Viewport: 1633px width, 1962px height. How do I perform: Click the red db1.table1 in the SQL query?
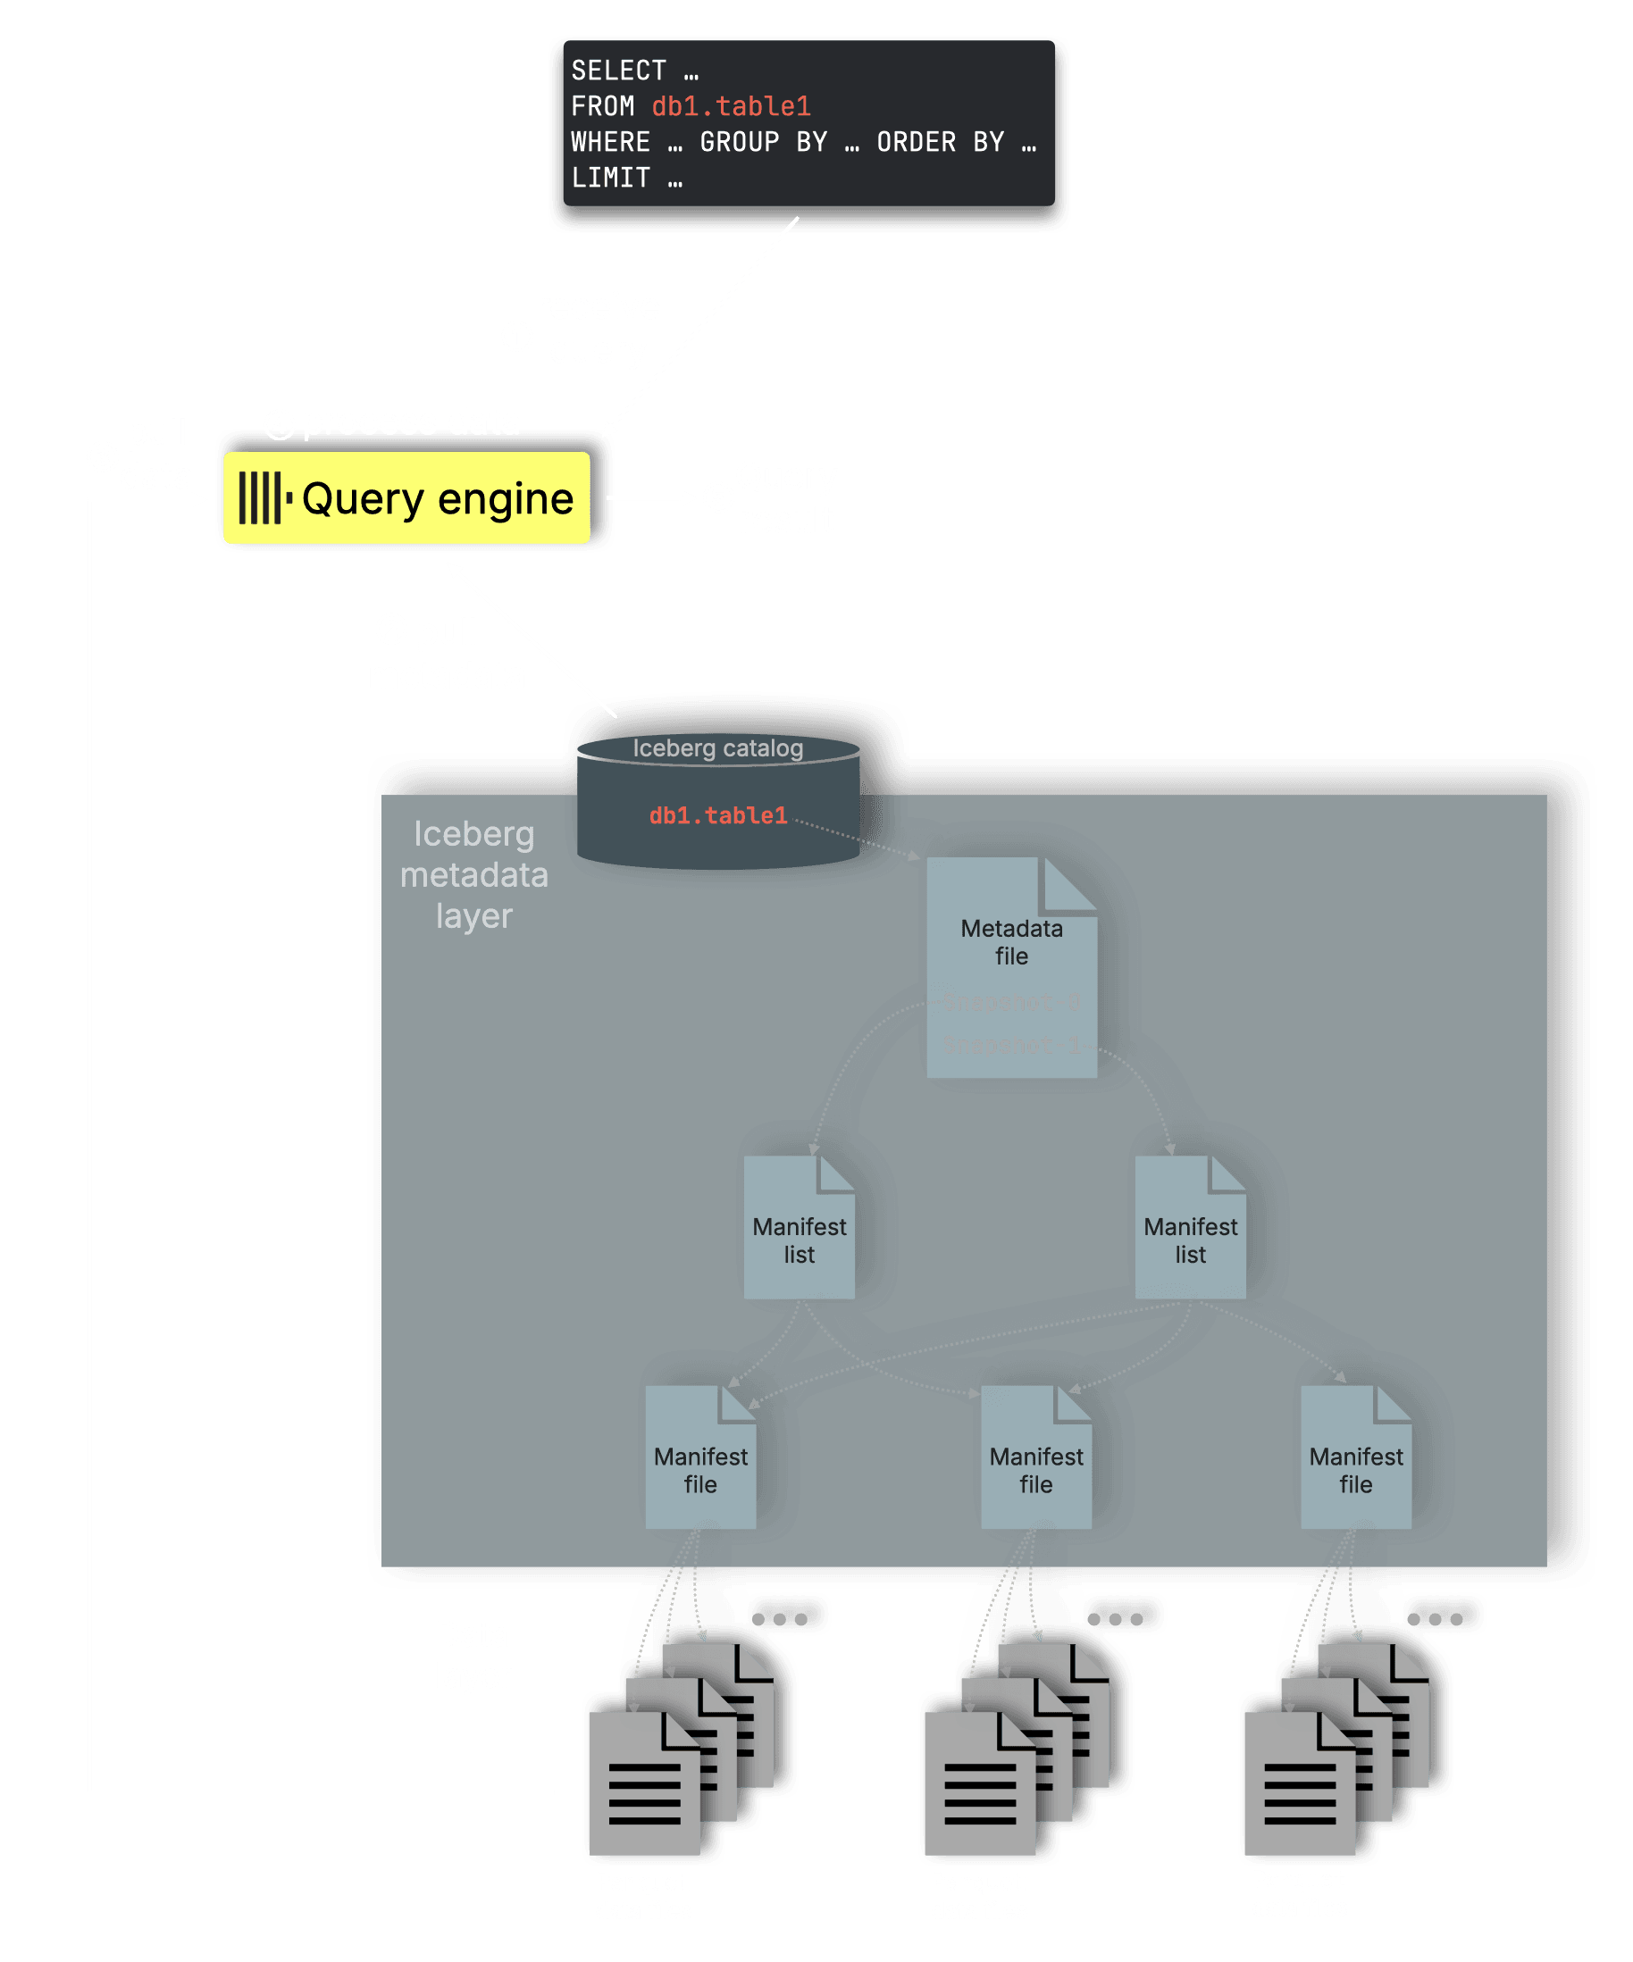[731, 106]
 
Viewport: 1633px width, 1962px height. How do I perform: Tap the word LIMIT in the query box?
[610, 178]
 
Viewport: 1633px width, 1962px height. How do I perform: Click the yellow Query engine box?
[407, 498]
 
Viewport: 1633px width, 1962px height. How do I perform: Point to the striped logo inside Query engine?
[264, 498]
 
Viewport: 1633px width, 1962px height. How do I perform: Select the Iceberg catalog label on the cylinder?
[718, 748]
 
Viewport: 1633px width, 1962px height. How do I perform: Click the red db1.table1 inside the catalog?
[718, 815]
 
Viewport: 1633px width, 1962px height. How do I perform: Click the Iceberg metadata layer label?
[474, 874]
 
